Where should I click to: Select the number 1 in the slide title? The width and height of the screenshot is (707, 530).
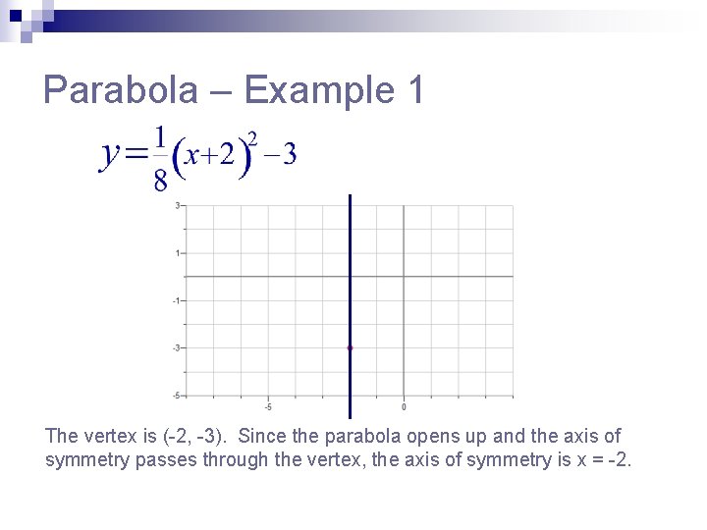pos(413,91)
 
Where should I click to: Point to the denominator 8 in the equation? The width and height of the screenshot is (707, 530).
pos(160,179)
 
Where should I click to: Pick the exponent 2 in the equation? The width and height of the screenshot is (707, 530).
pos(252,137)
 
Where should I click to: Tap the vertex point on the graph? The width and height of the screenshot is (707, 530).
pos(350,347)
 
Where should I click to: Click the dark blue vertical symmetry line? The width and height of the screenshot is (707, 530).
pos(350,275)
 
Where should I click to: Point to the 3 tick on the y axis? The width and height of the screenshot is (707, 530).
pos(177,205)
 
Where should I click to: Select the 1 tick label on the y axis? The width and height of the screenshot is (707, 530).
pos(177,253)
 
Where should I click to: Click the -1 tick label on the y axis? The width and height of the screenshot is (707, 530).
pos(176,300)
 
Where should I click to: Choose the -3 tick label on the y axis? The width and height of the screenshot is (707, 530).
pos(176,347)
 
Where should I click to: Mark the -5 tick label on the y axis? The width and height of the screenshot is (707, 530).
pos(176,395)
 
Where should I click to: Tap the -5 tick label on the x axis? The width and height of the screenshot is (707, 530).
pos(268,406)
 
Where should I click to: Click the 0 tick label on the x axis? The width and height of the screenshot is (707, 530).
pos(404,406)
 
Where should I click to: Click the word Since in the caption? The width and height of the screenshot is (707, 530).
pos(262,436)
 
